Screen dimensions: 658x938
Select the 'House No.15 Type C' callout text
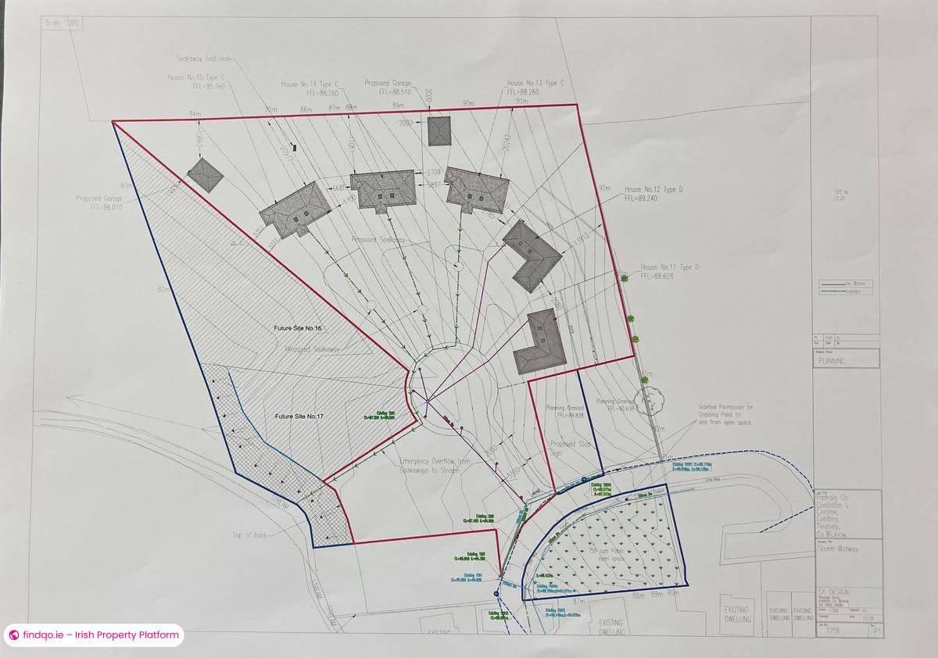coord(196,77)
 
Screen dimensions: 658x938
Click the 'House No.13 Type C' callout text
coord(536,83)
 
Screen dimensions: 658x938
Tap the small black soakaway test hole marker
coord(295,146)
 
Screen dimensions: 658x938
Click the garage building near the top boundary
coord(440,131)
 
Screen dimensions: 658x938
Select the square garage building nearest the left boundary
coord(205,175)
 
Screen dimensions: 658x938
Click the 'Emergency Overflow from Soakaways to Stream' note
coord(433,467)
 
